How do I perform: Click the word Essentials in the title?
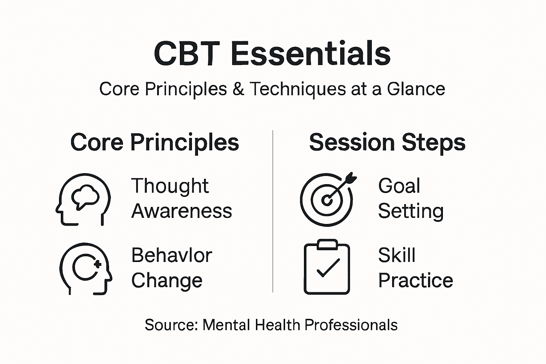(x=311, y=54)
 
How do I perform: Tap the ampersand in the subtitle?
(x=238, y=89)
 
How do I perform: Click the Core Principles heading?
(x=155, y=143)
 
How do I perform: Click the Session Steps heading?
(x=387, y=143)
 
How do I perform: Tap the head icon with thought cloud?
(x=83, y=199)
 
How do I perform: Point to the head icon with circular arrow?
(x=86, y=268)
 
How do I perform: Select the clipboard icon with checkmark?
(x=327, y=267)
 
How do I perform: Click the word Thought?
(x=170, y=186)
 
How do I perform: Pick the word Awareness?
(x=182, y=211)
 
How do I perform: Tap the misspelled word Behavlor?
(x=172, y=255)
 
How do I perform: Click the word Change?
(x=167, y=280)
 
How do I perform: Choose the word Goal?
(x=399, y=186)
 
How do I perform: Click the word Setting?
(x=411, y=211)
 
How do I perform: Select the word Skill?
(x=396, y=255)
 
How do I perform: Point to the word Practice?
(x=415, y=280)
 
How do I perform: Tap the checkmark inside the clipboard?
(x=328, y=268)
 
